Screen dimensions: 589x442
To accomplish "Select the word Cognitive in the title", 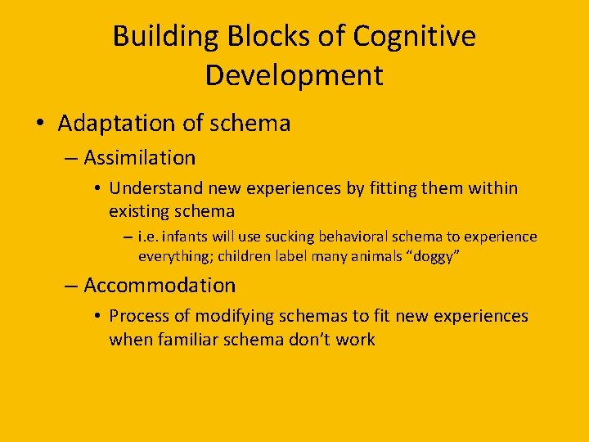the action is pos(415,37).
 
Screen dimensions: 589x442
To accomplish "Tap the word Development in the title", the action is pos(294,75).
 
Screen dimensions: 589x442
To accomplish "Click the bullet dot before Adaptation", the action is pos(40,124).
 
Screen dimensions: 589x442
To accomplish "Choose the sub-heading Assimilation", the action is pos(140,157).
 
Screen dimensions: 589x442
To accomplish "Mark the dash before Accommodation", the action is pos(72,286).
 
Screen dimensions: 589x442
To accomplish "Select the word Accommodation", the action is pos(160,286).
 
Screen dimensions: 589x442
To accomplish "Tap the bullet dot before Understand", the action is pos(97,189).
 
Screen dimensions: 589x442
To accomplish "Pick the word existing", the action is pos(139,211).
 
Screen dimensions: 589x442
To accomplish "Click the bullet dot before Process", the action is pos(97,317).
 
